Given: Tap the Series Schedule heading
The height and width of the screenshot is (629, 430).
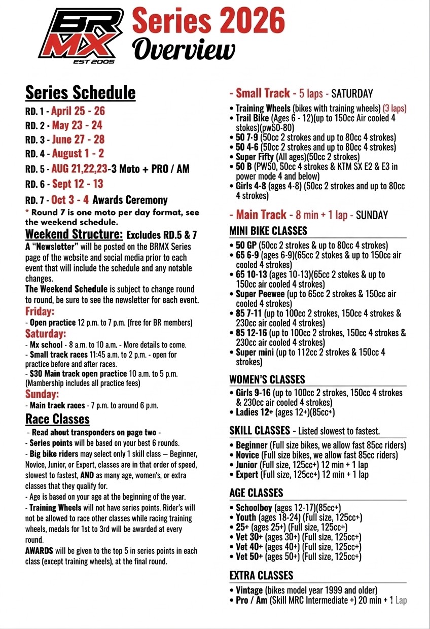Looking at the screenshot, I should click(x=80, y=93).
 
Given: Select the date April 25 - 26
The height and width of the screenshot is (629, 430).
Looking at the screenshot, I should click(x=78, y=111).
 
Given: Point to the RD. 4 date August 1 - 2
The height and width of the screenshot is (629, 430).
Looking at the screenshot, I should click(x=78, y=154).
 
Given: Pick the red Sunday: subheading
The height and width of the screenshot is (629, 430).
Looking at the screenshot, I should click(x=42, y=394).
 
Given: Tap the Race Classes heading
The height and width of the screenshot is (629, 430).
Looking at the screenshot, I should click(x=57, y=419).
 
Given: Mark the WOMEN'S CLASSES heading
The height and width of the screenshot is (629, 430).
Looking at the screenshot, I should click(x=267, y=379).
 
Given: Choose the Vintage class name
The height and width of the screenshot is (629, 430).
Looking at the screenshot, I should click(x=249, y=590).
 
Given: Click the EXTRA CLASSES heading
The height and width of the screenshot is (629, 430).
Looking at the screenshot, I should click(x=261, y=576).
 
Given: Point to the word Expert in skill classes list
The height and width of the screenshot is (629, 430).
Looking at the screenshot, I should click(x=247, y=475).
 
